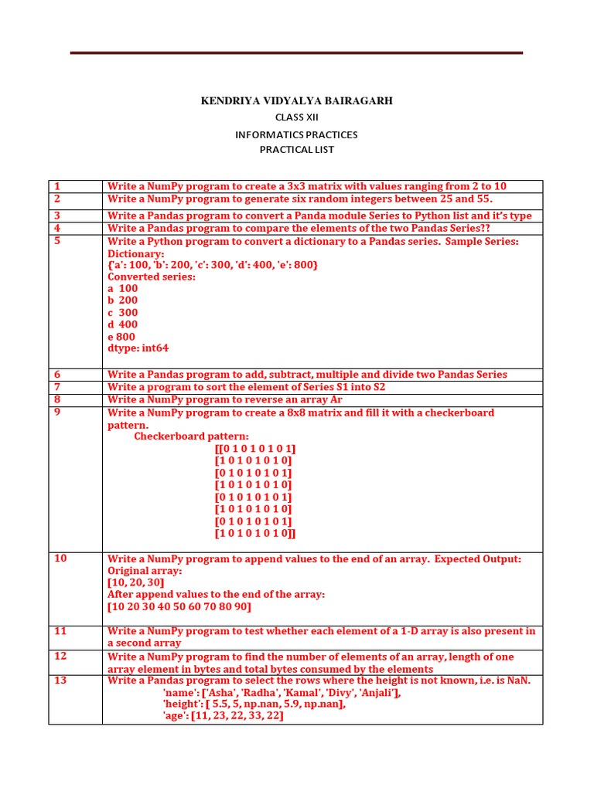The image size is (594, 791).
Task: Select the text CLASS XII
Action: tap(296, 117)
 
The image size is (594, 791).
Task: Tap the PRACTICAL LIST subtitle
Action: tap(296, 150)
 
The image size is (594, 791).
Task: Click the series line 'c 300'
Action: tap(122, 313)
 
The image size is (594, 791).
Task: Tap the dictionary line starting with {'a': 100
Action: tap(213, 265)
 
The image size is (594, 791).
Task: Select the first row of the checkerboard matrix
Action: tap(255, 449)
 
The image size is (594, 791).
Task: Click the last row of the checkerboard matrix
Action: tap(255, 534)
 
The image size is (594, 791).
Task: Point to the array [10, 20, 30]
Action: tap(135, 582)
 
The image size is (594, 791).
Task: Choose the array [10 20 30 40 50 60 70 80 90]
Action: tap(179, 607)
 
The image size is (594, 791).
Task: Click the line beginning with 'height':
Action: tap(254, 704)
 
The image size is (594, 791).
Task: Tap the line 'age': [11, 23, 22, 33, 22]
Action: tap(223, 716)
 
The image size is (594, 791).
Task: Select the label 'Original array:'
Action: tap(145, 571)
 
